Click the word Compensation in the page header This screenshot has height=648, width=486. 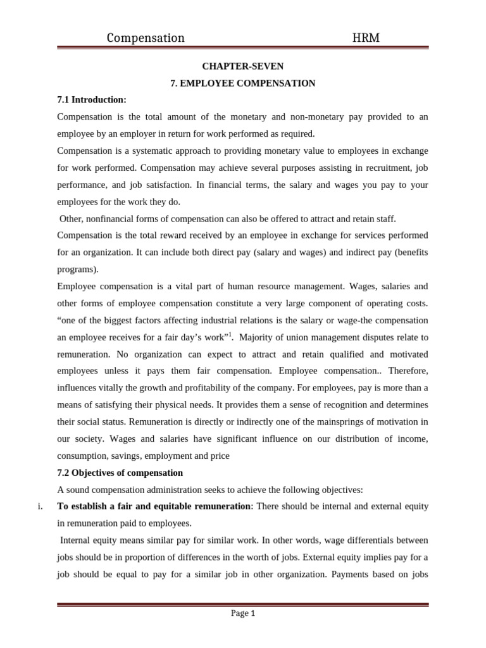point(146,38)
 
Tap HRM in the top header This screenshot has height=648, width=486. point(366,38)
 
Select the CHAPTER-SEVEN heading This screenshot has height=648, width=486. point(242,66)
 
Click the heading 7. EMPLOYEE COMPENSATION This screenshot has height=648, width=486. point(243,83)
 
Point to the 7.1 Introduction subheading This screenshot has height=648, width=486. point(92,100)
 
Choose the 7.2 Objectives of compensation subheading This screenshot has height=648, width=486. point(120,473)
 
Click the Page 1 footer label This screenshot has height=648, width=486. point(243,613)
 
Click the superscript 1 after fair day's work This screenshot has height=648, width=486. point(231,334)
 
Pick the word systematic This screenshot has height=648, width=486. point(156,151)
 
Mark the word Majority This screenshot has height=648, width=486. point(261,337)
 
